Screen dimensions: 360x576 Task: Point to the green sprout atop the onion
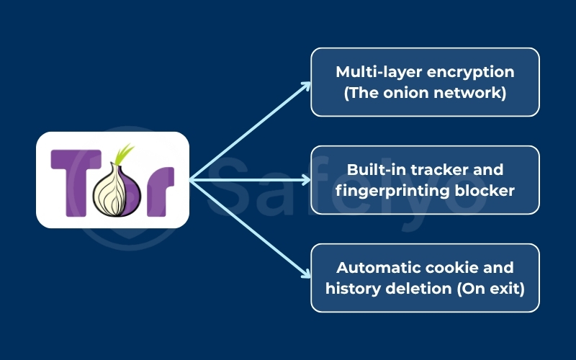point(125,153)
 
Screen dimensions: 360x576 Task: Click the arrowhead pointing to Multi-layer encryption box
point(306,85)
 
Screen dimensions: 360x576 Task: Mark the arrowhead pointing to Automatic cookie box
point(306,274)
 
